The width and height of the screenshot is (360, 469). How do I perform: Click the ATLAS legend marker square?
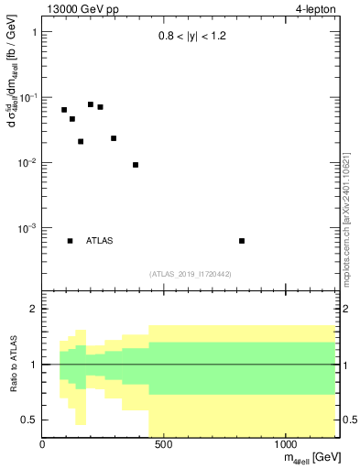71,241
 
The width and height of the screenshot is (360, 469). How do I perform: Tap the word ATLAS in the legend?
100,241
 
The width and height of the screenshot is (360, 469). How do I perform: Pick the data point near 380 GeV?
136,165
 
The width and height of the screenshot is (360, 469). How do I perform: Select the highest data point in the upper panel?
91,104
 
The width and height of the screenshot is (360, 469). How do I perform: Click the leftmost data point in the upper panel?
64,110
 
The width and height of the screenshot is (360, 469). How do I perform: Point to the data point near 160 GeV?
81,142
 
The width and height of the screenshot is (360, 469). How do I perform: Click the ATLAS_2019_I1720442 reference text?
191,274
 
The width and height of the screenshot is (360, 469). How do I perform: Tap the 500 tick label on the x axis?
164,446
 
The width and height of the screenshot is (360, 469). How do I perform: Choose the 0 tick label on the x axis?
42,446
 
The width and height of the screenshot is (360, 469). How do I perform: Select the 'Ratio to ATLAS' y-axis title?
13,365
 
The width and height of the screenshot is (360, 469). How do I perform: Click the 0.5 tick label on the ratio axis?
29,420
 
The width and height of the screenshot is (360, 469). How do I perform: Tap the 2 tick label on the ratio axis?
33,310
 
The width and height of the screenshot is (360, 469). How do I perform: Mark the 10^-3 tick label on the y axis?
25,228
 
